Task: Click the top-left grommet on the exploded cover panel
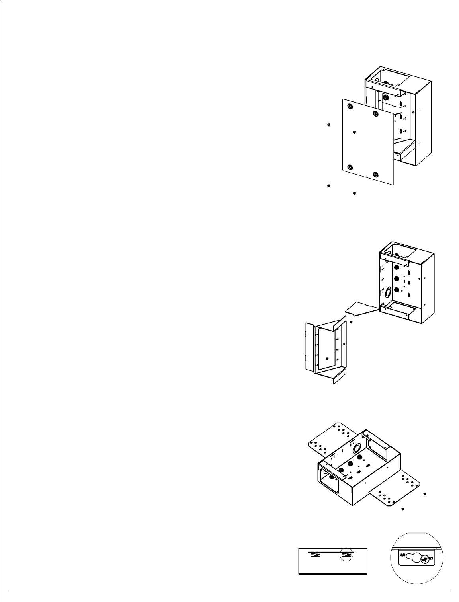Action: coord(350,106)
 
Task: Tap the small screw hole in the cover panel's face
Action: coord(354,132)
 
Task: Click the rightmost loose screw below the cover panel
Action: coord(354,193)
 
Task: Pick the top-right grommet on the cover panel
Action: coord(375,114)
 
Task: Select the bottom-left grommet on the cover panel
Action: coord(350,167)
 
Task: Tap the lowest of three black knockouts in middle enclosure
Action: coord(396,289)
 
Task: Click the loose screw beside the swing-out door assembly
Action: coord(351,322)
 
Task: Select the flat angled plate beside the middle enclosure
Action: coord(360,308)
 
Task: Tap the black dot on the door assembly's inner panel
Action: coord(325,358)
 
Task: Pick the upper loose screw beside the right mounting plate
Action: coord(425,493)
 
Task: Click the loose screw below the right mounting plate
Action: coord(403,509)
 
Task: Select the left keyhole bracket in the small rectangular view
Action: coord(314,554)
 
